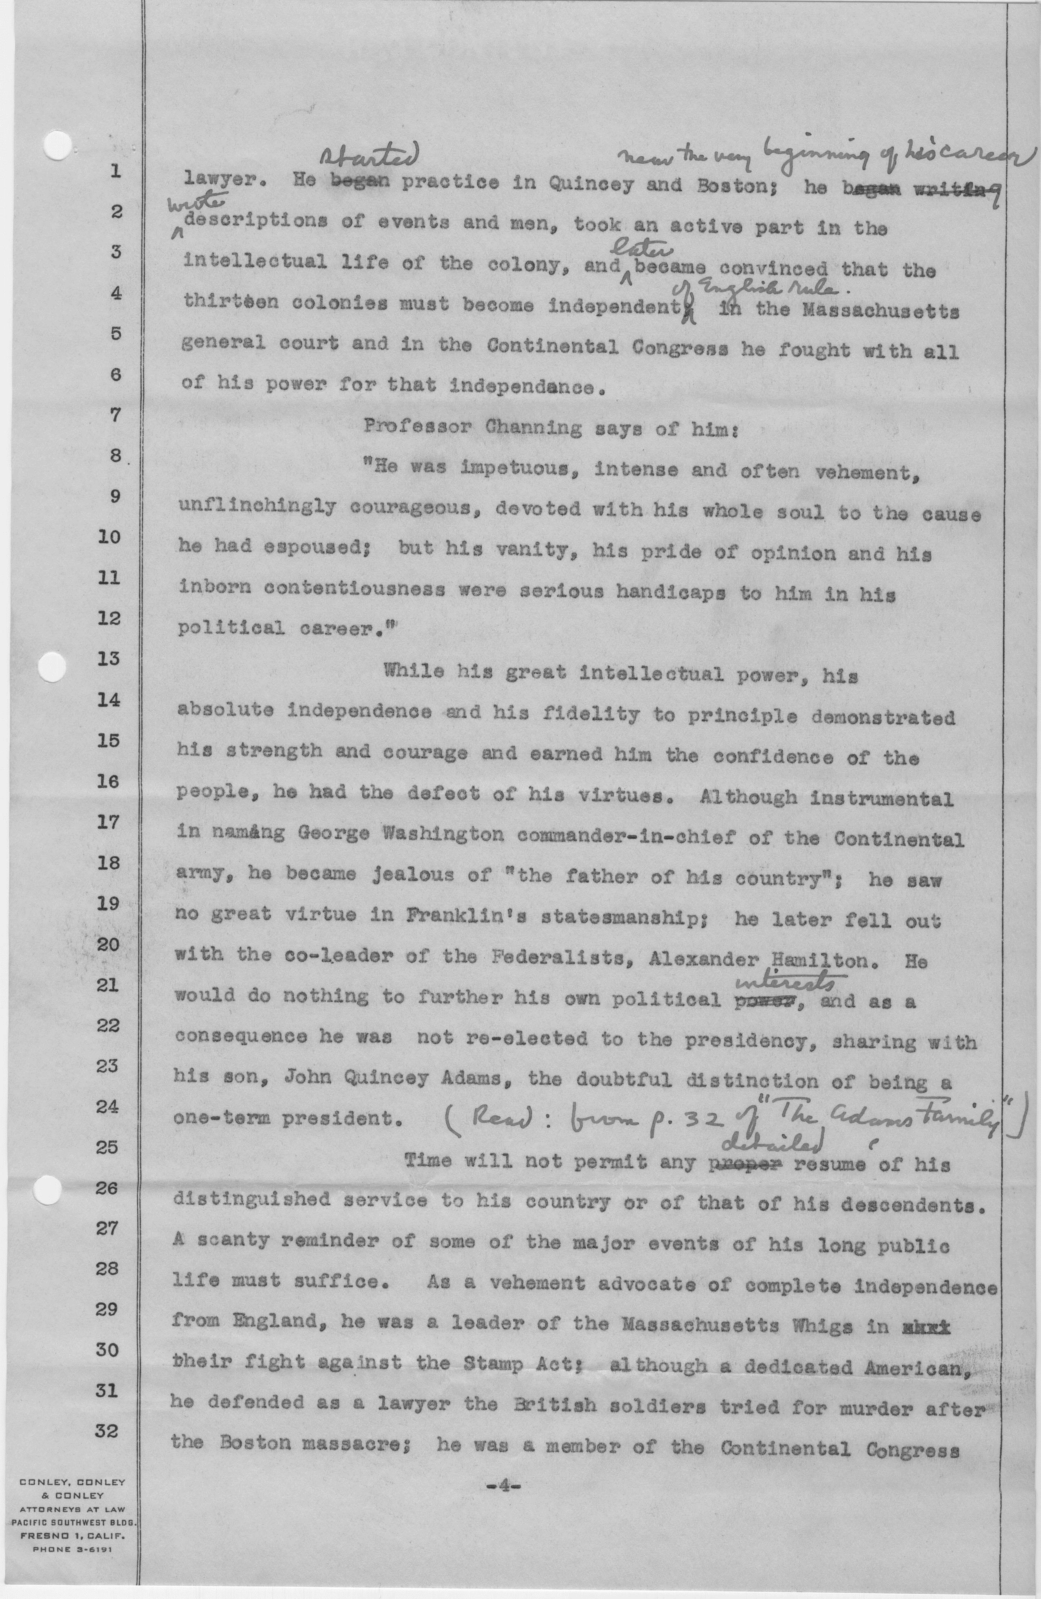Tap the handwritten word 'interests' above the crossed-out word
point(786,982)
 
